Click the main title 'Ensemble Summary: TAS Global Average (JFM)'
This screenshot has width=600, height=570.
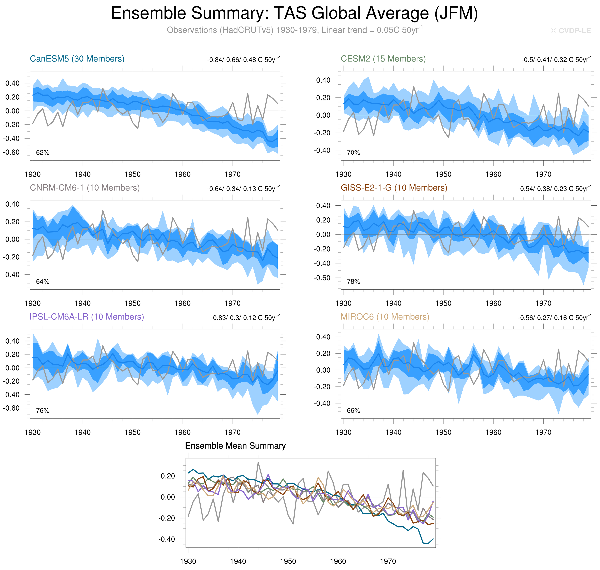pyautogui.click(x=294, y=14)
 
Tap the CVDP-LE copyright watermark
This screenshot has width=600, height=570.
pyautogui.click(x=571, y=31)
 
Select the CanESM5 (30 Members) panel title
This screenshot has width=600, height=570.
pyautogui.click(x=77, y=59)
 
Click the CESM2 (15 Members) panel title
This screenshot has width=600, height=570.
pyautogui.click(x=383, y=59)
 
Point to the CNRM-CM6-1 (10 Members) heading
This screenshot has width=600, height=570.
pyautogui.click(x=85, y=188)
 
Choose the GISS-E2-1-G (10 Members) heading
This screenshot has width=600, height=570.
pyautogui.click(x=394, y=188)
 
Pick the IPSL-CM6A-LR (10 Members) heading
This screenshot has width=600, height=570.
pyautogui.click(x=87, y=317)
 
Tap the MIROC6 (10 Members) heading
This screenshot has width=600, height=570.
pyautogui.click(x=385, y=317)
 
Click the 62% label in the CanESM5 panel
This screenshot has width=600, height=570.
pyautogui.click(x=43, y=153)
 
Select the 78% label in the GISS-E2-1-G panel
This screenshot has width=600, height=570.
pyautogui.click(x=353, y=282)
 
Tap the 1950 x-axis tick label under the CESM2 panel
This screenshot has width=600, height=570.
pyautogui.click(x=443, y=174)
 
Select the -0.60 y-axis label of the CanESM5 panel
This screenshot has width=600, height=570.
pyautogui.click(x=11, y=152)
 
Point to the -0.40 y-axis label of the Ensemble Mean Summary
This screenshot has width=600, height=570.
pyautogui.click(x=167, y=539)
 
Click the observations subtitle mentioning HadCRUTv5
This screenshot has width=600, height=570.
pyautogui.click(x=294, y=30)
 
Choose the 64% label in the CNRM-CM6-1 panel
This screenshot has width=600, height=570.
pyautogui.click(x=43, y=282)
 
